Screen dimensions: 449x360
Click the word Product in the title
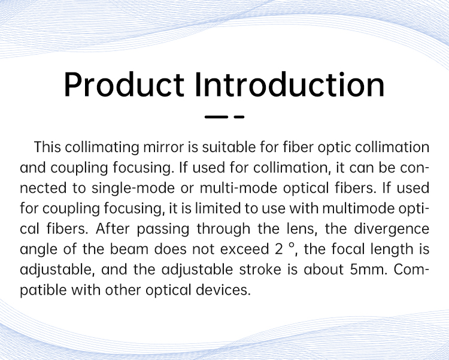point(124,85)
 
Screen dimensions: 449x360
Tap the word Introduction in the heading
point(290,85)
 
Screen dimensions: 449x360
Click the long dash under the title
point(216,117)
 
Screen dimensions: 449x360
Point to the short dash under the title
point(239,117)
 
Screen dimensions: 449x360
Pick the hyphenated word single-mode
point(133,189)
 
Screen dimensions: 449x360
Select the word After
point(113,229)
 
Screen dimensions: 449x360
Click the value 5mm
point(369,270)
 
